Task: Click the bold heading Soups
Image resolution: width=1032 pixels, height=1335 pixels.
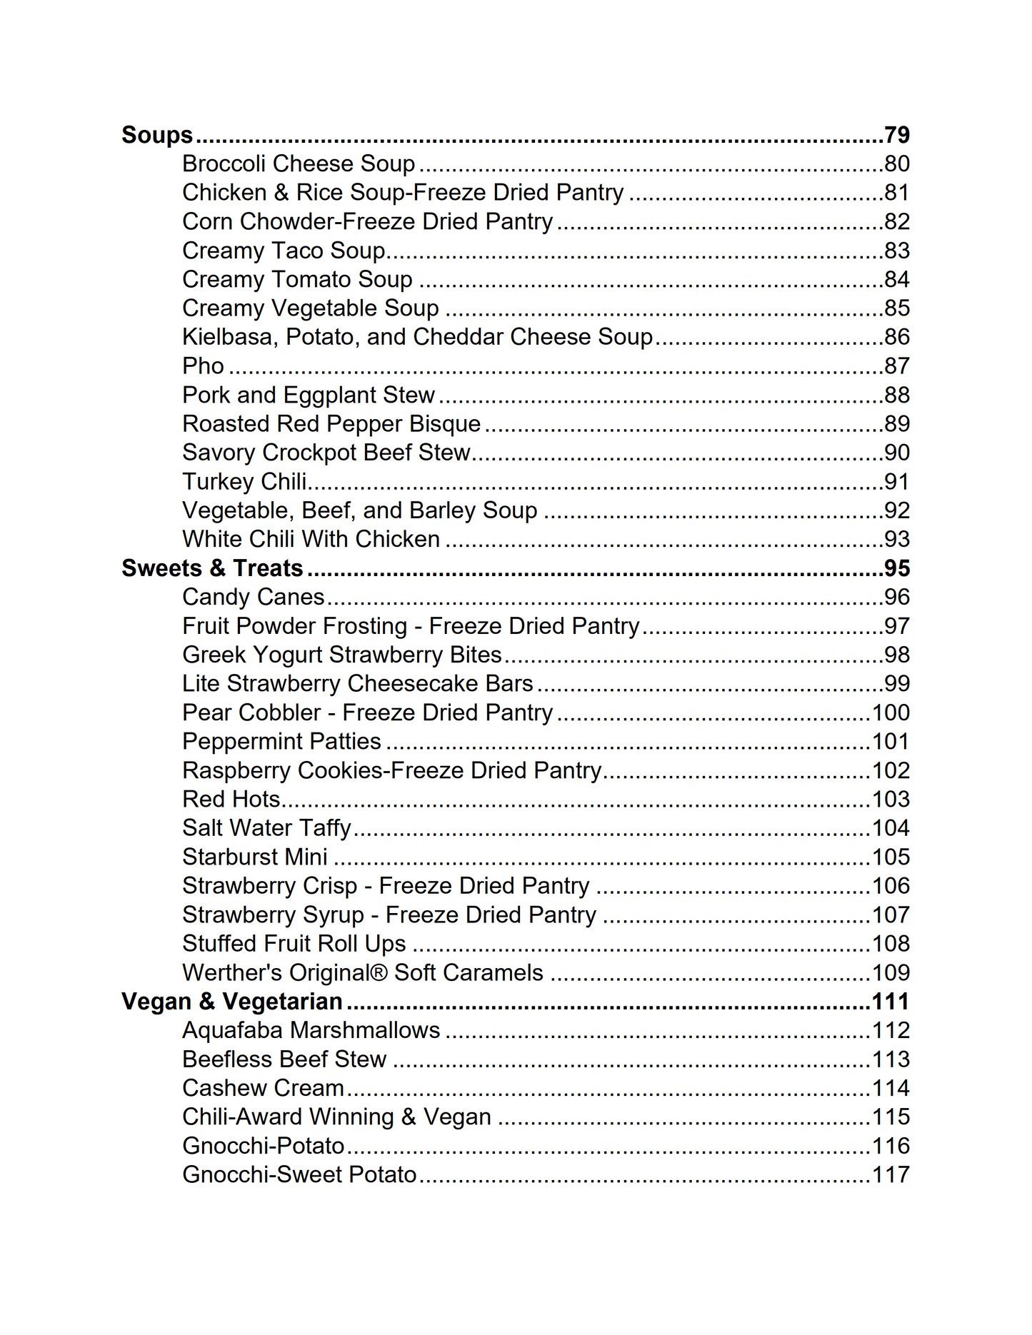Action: coord(157,135)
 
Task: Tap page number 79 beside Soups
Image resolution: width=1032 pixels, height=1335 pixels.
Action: coord(896,135)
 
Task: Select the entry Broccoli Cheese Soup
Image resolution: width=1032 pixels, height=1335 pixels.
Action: coord(299,163)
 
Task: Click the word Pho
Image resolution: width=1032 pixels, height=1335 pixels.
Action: coord(203,366)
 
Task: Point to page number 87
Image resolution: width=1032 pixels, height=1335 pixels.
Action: coord(896,366)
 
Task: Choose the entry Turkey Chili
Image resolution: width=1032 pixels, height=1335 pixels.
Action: coord(244,481)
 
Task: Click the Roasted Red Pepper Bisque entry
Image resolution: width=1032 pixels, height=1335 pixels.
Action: coord(331,423)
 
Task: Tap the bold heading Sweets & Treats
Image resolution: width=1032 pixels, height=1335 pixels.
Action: coord(212,568)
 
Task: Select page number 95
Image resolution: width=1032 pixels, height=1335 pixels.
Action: coord(896,568)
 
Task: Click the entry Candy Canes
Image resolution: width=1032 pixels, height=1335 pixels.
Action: coord(253,597)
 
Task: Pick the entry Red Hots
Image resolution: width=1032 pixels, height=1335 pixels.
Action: coord(231,799)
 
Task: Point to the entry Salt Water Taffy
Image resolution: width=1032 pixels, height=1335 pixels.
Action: coord(266,828)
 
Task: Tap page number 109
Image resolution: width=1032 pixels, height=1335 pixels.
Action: coord(891,972)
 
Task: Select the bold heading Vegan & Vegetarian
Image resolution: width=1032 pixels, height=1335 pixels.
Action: coord(231,1002)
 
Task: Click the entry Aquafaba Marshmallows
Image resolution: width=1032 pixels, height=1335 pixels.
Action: coord(311,1030)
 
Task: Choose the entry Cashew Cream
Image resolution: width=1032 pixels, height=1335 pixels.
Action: coord(263,1088)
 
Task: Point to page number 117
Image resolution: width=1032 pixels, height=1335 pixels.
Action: coord(891,1174)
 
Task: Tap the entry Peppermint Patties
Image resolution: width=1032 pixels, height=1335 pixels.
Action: coord(281,741)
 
